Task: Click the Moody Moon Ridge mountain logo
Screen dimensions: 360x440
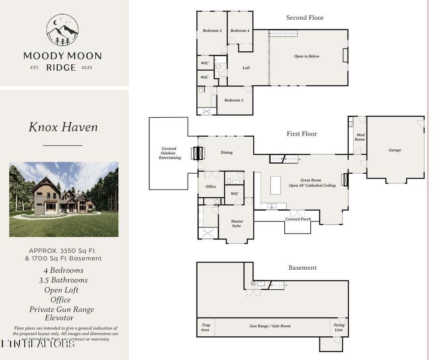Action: pyautogui.click(x=63, y=30)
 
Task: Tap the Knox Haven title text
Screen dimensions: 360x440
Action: pyautogui.click(x=63, y=127)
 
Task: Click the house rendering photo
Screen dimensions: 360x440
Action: pyautogui.click(x=64, y=199)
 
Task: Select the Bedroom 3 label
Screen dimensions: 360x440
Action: pyautogui.click(x=212, y=31)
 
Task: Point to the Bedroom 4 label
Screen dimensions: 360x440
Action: pyautogui.click(x=240, y=31)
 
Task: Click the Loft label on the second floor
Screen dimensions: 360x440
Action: pyautogui.click(x=246, y=68)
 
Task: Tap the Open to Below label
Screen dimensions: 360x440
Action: pyautogui.click(x=306, y=56)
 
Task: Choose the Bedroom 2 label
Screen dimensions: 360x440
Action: pyautogui.click(x=234, y=100)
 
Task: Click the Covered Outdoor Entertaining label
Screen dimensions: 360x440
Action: pyautogui.click(x=169, y=153)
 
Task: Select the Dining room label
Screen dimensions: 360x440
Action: pyautogui.click(x=226, y=153)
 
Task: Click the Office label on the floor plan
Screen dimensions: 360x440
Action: pyautogui.click(x=211, y=187)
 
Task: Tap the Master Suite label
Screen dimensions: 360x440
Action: pyautogui.click(x=237, y=224)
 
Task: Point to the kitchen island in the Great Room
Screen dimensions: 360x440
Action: pyautogui.click(x=276, y=185)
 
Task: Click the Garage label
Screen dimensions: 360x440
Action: pyautogui.click(x=395, y=150)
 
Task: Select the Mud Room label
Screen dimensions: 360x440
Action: pyautogui.click(x=360, y=137)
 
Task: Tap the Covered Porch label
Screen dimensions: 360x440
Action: pyautogui.click(x=298, y=219)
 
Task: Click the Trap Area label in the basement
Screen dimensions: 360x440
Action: pyautogui.click(x=206, y=327)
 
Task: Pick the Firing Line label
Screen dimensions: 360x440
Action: pyautogui.click(x=339, y=327)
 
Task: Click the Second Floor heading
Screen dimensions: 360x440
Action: pyautogui.click(x=305, y=18)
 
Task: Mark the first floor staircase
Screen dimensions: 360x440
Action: pyautogui.click(x=284, y=159)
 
